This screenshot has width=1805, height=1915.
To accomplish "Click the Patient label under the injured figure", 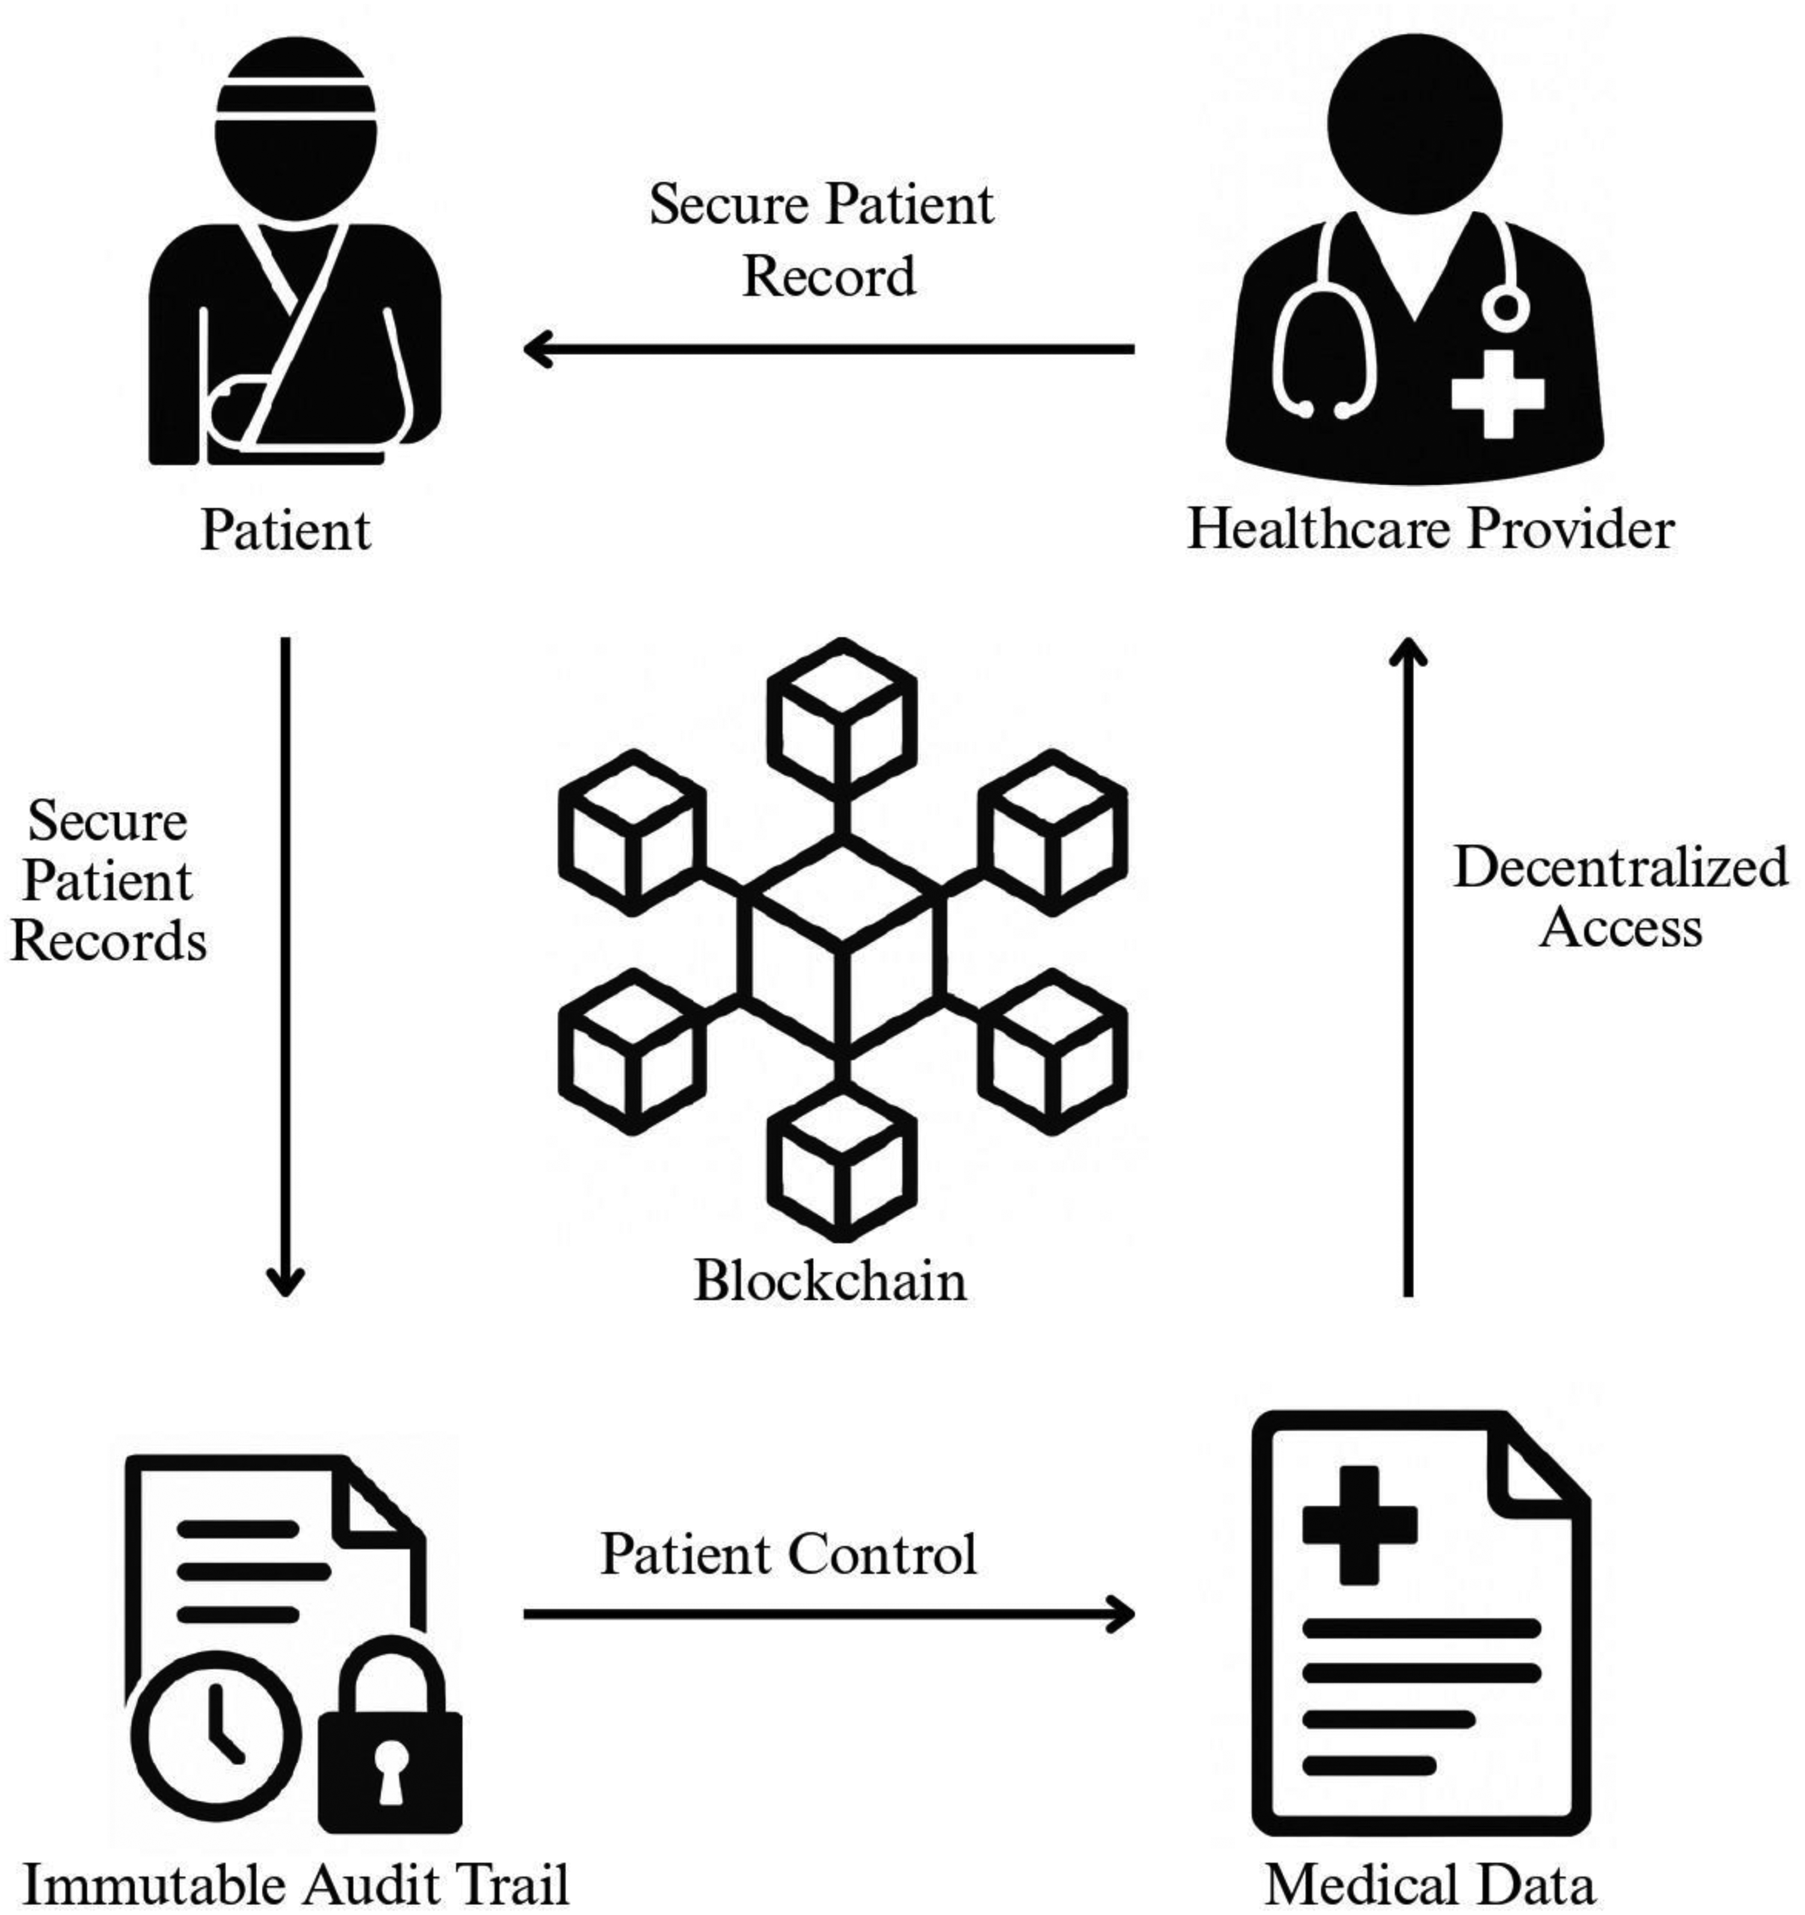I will pos(285,530).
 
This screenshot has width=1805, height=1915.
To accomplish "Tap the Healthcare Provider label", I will pos(1430,530).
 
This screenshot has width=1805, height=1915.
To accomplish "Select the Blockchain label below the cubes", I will pos(830,1281).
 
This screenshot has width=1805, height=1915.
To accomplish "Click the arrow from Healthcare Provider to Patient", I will pos(828,349).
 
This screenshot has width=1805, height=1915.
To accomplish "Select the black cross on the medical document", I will pos(1359,1525).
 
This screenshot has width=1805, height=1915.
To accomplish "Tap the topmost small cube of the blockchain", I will pos(841,717).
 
